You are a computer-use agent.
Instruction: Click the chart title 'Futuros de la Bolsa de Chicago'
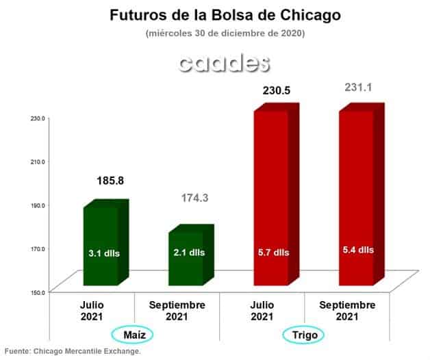[225, 15]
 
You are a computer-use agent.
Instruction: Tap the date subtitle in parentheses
[225, 34]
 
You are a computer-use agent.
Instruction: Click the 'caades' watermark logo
[224, 64]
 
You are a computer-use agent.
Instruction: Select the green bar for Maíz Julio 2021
[106, 243]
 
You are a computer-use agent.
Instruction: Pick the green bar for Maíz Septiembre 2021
[191, 255]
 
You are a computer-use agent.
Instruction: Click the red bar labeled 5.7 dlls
[277, 194]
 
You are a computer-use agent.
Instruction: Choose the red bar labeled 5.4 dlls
[362, 194]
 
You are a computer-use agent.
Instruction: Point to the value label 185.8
[110, 181]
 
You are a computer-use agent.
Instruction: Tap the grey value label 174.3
[195, 198]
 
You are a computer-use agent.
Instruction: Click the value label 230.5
[277, 90]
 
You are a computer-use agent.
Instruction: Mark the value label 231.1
[358, 88]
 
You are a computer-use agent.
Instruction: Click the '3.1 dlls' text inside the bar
[104, 253]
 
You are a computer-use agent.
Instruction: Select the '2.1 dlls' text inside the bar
[189, 253]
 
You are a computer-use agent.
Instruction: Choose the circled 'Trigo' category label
[303, 335]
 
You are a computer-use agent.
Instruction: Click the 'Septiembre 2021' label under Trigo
[347, 311]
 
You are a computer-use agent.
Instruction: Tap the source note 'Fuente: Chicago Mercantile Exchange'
[73, 351]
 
